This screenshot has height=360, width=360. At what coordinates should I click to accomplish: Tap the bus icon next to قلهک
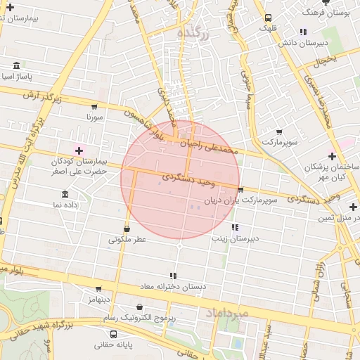point(267,18)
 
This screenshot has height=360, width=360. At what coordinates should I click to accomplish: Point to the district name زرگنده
point(191,32)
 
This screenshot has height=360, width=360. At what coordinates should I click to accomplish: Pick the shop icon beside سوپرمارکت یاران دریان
point(240,189)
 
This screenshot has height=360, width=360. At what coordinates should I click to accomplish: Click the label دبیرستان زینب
point(235,238)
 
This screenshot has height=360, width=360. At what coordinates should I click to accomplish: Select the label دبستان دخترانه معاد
point(173,287)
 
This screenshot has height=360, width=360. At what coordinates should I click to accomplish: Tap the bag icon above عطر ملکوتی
point(127,229)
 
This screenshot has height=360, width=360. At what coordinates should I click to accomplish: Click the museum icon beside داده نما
point(65,194)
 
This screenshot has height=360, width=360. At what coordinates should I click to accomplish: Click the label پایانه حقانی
point(115,346)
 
